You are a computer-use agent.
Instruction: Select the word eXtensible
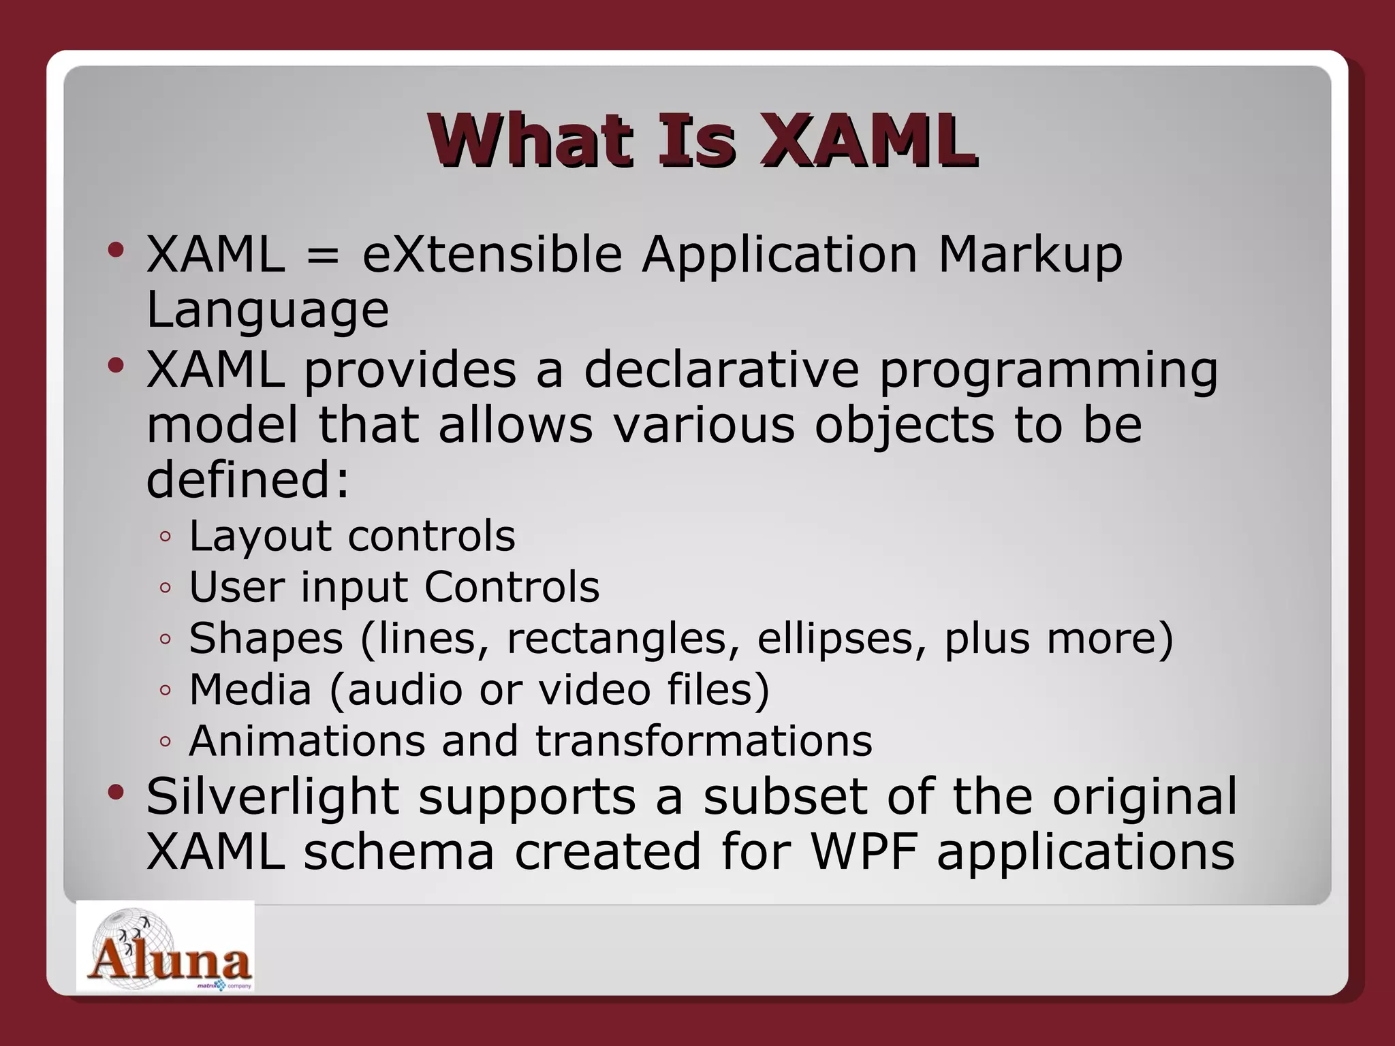(x=492, y=255)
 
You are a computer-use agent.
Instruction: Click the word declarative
(x=721, y=370)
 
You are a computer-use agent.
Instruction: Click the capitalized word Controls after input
(x=512, y=587)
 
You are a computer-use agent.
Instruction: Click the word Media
(x=250, y=689)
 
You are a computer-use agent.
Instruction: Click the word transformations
(x=704, y=741)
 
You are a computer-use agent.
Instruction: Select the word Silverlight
(x=272, y=797)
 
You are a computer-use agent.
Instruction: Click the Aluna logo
(x=166, y=947)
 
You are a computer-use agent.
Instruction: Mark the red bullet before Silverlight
(x=116, y=792)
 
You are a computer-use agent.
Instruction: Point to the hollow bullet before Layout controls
(x=165, y=537)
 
